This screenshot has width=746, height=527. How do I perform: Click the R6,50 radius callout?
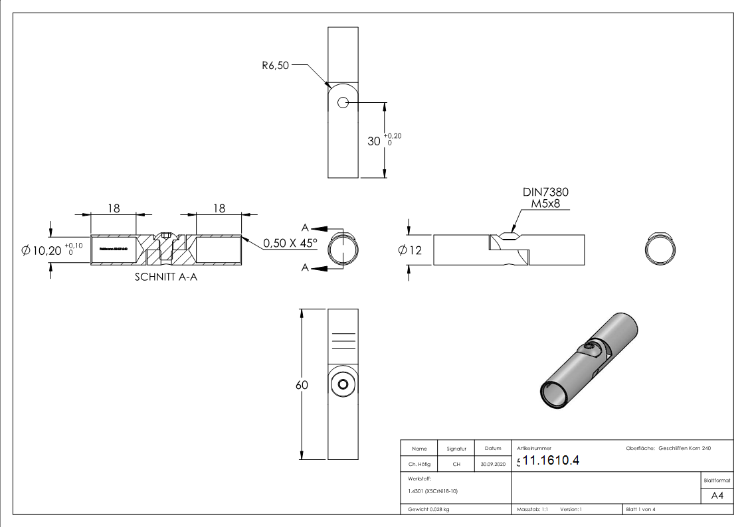(x=275, y=66)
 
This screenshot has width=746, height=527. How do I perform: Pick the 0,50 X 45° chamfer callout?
(x=290, y=243)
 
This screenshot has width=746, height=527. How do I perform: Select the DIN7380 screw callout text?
(x=545, y=192)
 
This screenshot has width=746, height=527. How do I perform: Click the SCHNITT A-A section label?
(x=165, y=277)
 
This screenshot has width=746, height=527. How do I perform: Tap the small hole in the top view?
(x=343, y=102)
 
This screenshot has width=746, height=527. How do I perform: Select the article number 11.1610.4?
(x=551, y=461)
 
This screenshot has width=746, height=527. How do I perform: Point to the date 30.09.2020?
(x=492, y=465)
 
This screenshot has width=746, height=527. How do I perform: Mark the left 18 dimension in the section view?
(x=114, y=208)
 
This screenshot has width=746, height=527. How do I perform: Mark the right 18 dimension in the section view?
(x=219, y=208)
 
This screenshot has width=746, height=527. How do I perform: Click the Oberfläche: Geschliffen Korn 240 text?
(x=668, y=449)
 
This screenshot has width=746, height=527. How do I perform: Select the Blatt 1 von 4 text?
(x=640, y=509)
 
